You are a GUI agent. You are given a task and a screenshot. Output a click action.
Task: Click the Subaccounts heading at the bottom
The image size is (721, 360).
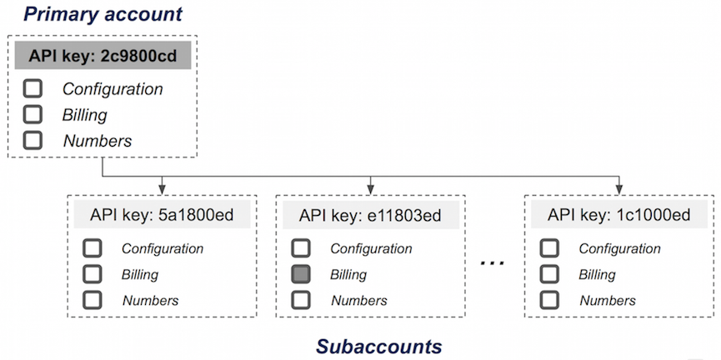tap(378, 345)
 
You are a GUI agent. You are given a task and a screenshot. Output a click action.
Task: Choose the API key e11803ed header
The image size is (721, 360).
tap(369, 216)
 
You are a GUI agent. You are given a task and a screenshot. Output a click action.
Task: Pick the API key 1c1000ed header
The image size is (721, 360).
tap(618, 216)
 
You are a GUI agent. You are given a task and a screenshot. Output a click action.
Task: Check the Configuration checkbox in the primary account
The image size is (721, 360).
tap(33, 88)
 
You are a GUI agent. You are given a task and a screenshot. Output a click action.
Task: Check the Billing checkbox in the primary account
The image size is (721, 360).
tap(33, 114)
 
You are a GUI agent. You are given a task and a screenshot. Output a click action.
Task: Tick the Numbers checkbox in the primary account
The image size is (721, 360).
tap(33, 140)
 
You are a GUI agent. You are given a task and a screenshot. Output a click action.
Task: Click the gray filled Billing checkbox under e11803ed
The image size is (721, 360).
tap(301, 274)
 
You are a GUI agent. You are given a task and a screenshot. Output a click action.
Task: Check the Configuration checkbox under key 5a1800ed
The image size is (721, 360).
tap(93, 248)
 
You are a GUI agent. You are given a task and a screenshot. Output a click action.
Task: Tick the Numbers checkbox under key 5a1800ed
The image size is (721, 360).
tap(93, 300)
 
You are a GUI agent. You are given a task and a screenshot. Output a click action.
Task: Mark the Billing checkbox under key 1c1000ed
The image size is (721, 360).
tap(549, 274)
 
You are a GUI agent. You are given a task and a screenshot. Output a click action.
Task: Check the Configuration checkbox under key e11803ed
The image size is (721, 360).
tap(301, 248)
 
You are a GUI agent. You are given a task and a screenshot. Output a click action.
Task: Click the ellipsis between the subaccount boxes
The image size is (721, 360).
tap(493, 264)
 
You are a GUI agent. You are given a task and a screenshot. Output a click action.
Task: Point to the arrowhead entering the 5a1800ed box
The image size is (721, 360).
tap(160, 189)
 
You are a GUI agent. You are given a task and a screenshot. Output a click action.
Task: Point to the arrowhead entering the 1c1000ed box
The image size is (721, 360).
tap(618, 189)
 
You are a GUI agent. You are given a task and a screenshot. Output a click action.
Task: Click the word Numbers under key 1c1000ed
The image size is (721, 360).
tap(608, 300)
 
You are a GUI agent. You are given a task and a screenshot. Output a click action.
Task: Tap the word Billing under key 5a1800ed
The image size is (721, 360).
tap(140, 274)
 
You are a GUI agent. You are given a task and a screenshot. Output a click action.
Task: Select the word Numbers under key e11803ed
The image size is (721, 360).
tap(359, 300)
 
